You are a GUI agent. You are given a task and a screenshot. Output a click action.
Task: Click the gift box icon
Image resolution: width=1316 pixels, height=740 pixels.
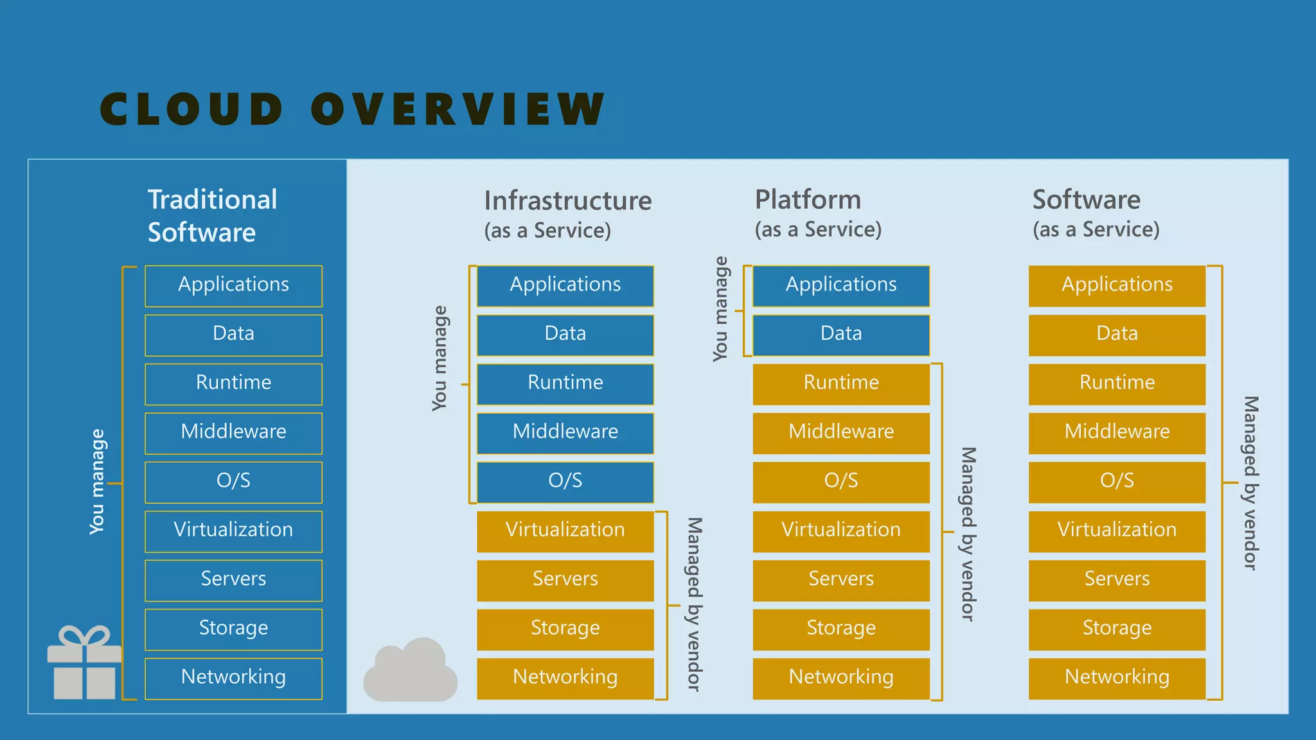click(84, 663)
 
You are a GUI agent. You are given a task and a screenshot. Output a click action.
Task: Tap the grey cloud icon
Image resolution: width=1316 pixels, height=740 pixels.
click(410, 671)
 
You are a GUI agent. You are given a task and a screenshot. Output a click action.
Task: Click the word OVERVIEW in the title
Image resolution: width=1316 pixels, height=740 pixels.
click(458, 109)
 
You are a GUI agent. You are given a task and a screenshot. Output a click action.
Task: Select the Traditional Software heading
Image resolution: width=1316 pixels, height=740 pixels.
click(212, 216)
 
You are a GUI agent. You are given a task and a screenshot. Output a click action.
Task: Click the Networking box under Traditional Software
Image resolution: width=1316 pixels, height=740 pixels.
click(233, 678)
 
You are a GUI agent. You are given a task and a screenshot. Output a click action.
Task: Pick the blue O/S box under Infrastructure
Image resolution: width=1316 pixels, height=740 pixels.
click(565, 482)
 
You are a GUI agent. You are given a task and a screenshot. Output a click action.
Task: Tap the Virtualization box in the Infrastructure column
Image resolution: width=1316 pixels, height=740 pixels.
click(565, 531)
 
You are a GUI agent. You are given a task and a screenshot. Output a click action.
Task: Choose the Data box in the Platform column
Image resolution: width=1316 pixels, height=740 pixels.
click(840, 335)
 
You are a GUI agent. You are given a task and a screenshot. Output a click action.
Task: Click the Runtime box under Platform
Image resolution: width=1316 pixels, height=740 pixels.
click(840, 383)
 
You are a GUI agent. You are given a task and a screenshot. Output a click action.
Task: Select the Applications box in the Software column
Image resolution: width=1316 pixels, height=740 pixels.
click(1117, 285)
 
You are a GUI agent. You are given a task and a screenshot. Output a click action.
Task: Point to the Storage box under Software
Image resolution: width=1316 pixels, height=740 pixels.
click(1117, 629)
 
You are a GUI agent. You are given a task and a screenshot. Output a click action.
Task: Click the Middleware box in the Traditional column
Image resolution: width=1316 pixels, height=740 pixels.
click(233, 432)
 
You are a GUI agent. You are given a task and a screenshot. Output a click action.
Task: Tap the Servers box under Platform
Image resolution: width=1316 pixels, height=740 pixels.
click(840, 579)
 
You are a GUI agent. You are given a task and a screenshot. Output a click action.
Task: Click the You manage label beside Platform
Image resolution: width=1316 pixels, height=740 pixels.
click(720, 309)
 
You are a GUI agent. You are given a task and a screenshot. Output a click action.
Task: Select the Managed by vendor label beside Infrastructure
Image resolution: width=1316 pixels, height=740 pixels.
click(695, 604)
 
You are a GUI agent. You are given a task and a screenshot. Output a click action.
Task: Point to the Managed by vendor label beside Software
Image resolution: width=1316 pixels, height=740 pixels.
click(1250, 482)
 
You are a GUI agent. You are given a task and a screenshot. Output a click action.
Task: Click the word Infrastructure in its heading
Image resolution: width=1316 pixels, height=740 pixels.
click(567, 201)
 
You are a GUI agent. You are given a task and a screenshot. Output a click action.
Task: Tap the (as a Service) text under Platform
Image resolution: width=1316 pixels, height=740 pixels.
click(817, 229)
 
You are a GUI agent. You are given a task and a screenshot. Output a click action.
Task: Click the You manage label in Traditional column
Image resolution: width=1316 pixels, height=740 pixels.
click(97, 482)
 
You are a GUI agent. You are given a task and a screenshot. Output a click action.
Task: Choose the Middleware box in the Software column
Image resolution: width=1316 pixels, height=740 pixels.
click(1117, 432)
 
